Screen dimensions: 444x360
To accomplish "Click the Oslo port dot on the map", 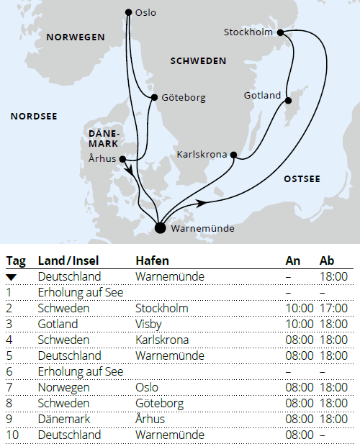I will (x=128, y=12).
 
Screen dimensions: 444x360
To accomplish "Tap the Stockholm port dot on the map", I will (x=280, y=32).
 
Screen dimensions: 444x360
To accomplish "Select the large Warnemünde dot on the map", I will (x=160, y=228).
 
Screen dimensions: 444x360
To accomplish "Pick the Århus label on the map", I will (x=100, y=159).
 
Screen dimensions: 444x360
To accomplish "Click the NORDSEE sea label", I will (x=34, y=115).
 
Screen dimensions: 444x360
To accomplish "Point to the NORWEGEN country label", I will (x=75, y=37).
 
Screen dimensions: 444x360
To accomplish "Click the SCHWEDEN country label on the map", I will (x=198, y=61).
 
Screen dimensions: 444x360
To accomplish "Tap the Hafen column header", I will (x=152, y=260).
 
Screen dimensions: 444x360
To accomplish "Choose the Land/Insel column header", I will (x=69, y=260).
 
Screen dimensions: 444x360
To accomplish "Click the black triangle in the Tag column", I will (x=12, y=276).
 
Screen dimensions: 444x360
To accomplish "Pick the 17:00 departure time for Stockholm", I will (x=334, y=308).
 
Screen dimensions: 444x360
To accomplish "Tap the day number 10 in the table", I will (x=12, y=435).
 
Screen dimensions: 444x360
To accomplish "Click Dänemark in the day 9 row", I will (x=63, y=419).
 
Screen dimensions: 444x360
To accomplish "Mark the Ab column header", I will (x=326, y=260).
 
